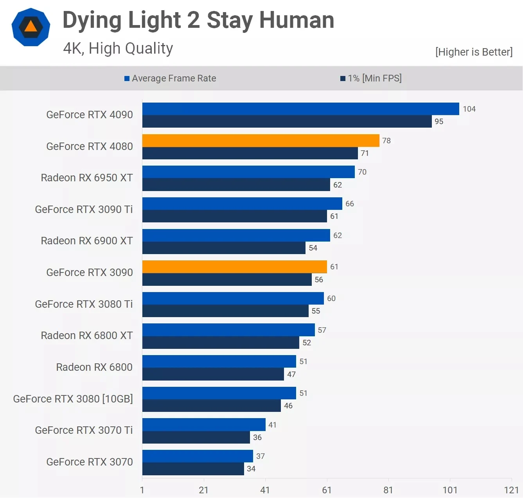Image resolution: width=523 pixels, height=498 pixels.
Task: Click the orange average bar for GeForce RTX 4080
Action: click(261, 141)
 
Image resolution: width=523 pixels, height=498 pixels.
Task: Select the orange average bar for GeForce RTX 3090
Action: click(234, 267)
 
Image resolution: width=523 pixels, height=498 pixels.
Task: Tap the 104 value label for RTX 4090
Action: click(469, 109)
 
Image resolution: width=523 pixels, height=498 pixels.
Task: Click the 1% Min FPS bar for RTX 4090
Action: click(287, 121)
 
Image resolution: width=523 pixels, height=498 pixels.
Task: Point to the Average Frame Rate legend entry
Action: click(170, 78)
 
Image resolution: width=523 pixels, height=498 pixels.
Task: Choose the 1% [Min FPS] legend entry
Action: click(371, 78)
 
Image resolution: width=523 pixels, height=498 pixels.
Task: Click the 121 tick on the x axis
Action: click(511, 490)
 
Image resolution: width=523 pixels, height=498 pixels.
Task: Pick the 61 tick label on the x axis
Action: click(327, 490)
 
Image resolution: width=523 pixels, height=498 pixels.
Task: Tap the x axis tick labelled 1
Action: click(142, 490)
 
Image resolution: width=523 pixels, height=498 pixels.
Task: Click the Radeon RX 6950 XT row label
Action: click(87, 178)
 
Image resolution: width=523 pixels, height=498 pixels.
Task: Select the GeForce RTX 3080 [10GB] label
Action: click(73, 399)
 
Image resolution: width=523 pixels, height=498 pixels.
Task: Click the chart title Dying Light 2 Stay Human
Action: click(198, 20)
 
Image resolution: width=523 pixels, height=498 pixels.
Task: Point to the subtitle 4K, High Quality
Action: click(118, 48)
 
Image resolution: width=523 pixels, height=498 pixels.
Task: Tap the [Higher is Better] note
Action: click(474, 52)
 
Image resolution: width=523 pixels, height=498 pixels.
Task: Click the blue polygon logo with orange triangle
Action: click(31, 27)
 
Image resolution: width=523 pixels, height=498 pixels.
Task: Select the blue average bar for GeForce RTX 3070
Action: click(198, 456)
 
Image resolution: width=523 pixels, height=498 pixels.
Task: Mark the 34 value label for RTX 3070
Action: click(251, 469)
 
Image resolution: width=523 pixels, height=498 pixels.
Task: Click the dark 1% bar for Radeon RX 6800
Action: click(213, 374)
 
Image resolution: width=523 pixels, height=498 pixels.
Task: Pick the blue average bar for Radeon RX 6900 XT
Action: click(236, 235)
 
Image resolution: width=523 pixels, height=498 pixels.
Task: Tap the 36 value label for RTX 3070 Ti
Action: click(257, 437)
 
